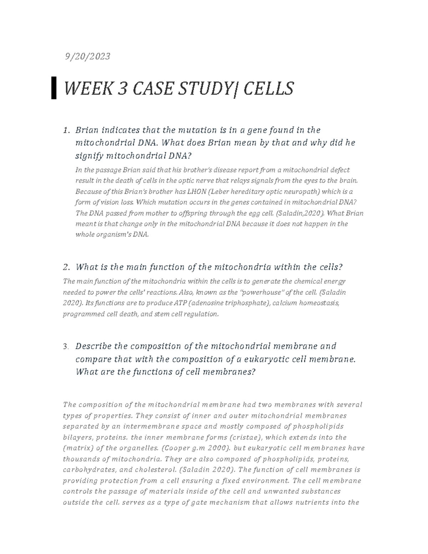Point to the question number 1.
(65, 130)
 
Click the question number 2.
(65, 267)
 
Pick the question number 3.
(65, 347)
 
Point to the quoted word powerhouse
(262, 293)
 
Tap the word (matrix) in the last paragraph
(77, 448)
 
